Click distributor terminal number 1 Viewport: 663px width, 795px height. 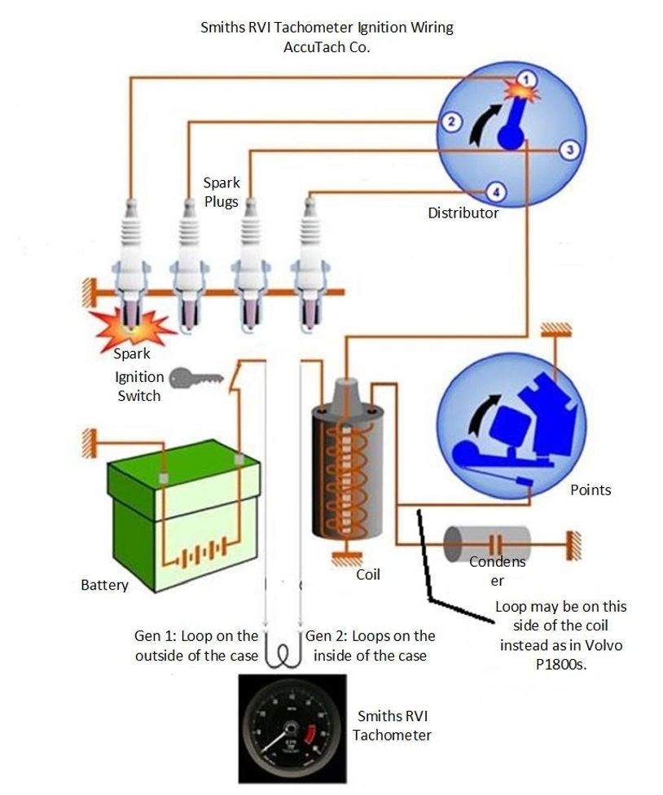click(527, 79)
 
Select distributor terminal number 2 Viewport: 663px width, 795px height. click(449, 122)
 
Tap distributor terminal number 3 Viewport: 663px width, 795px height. click(569, 149)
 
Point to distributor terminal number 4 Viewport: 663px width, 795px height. click(494, 191)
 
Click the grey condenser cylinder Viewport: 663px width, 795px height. click(486, 542)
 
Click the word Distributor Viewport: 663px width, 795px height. click(463, 213)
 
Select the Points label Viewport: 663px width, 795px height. click(591, 490)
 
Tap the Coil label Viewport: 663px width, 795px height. click(368, 574)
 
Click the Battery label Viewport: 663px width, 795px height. click(104, 585)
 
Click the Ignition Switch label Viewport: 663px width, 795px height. click(139, 387)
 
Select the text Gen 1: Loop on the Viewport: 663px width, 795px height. click(196, 635)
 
